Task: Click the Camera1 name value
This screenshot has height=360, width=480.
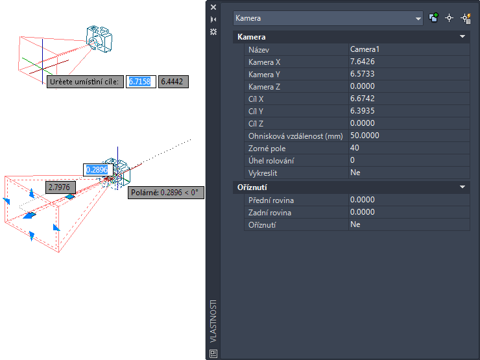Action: (365, 49)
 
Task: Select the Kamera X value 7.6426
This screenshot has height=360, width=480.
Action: (362, 62)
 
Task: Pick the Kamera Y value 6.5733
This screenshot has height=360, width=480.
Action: (362, 74)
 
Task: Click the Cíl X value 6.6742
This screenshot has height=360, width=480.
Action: (362, 99)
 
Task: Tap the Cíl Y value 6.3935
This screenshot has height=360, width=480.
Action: (362, 111)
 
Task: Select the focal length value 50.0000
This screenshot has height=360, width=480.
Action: (365, 136)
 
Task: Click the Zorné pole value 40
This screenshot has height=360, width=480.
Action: (355, 148)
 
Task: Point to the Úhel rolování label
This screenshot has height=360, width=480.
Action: (271, 161)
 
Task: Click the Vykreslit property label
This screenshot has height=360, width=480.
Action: (263, 173)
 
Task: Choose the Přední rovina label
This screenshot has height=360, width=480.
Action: (271, 200)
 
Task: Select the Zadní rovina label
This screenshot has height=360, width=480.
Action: (270, 213)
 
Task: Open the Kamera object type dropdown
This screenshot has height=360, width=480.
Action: (328, 18)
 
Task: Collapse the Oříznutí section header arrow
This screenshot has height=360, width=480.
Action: (462, 187)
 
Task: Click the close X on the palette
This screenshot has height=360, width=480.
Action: (213, 7)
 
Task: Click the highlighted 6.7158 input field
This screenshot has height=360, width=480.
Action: (141, 82)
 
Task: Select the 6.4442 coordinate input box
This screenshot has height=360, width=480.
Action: (173, 82)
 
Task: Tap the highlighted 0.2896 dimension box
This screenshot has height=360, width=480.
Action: (98, 170)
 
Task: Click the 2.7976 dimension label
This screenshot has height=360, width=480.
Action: (60, 187)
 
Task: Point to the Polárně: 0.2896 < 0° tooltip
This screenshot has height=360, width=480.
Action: (166, 193)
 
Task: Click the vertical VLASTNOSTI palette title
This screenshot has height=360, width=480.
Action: (213, 321)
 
